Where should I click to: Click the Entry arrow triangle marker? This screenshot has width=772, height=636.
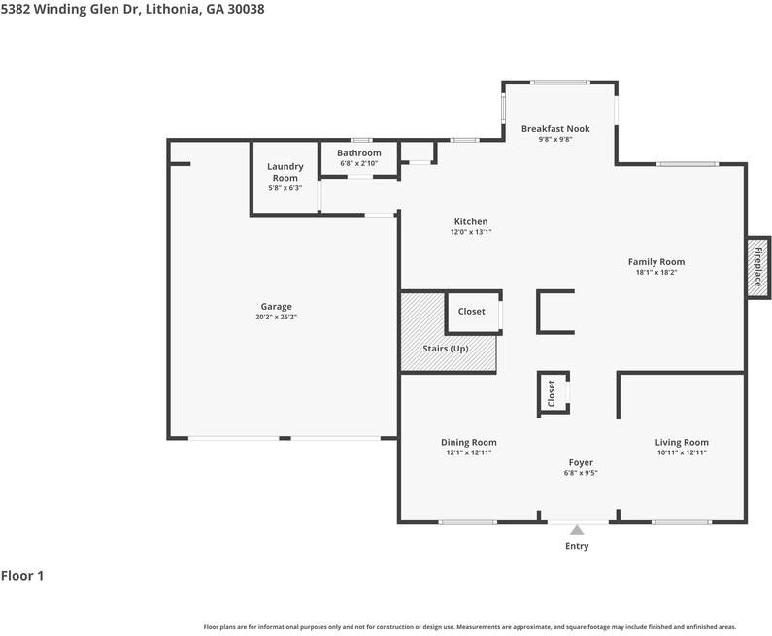coord(577,529)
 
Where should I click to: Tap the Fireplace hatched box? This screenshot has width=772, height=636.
coord(758,267)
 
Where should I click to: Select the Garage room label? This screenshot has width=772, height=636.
coord(276,306)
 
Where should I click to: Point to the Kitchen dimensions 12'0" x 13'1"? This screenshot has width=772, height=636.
coord(471,232)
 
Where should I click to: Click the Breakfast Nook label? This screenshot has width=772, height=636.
coord(555,128)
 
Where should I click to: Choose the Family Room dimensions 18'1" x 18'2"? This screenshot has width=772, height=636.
coord(656,272)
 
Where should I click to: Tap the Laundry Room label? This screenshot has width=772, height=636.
coord(285,172)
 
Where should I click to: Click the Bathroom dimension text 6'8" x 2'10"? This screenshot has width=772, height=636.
coord(359,163)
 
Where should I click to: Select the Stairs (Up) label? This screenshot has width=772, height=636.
coord(446,348)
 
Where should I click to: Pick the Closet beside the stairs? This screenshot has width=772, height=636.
coord(471,311)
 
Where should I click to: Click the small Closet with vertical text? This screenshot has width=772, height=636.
coord(552,393)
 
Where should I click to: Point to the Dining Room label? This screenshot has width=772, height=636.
coord(469,442)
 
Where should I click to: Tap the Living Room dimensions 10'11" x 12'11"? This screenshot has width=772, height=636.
coord(682,452)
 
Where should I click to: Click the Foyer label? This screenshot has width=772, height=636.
coord(581,462)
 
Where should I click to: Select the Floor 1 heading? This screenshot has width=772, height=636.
coord(22,576)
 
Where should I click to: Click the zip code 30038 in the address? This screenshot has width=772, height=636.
coord(246,9)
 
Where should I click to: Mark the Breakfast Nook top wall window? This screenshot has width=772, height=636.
coord(560,83)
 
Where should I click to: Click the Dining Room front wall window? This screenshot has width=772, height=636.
coord(468,522)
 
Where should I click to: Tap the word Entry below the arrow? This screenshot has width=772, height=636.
coord(577,546)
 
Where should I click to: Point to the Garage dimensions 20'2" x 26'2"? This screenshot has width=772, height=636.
coord(276,317)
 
